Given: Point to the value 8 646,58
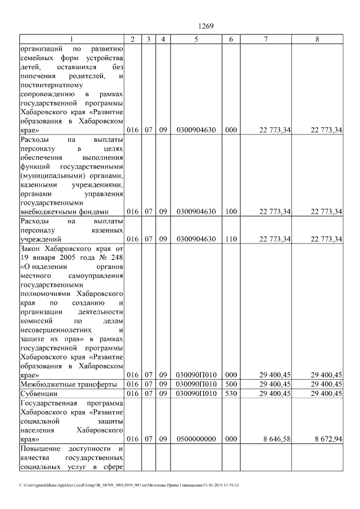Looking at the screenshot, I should tap(276, 439).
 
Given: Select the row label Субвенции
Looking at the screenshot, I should tap(38, 394).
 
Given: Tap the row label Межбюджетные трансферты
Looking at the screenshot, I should tap(68, 384).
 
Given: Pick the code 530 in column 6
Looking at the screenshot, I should tap(231, 394).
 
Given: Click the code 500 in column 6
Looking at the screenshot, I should tap(231, 384).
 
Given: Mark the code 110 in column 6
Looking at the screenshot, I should tap(231, 239).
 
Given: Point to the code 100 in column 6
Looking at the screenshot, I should tap(231, 211).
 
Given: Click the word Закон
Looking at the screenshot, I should tap(30, 248).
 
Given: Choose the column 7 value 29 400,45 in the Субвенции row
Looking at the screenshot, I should tap(276, 394).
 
